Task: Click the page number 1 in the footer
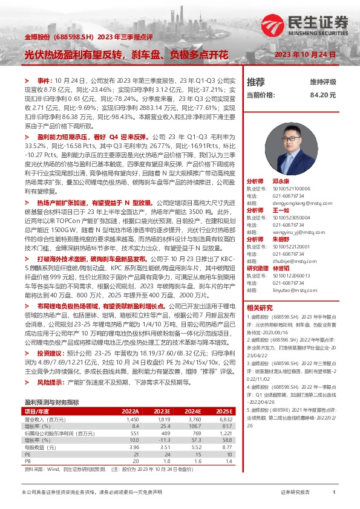click(x=334, y=493)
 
